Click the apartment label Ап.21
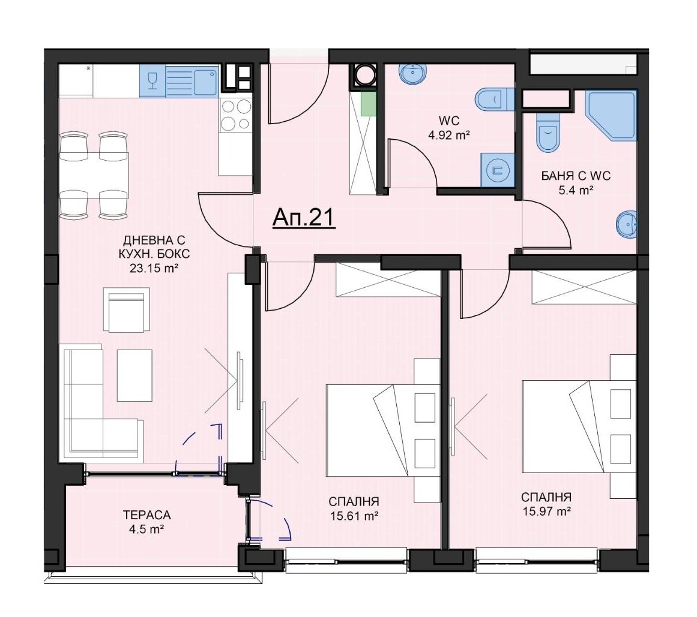[304, 218]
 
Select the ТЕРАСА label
[146, 515]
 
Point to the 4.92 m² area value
[449, 135]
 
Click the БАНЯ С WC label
[576, 176]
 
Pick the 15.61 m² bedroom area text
[354, 516]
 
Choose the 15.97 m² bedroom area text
[547, 511]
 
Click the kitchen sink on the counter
[193, 81]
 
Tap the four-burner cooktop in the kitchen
[235, 115]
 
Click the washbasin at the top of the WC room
[414, 73]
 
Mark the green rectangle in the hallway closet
[368, 104]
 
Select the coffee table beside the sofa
[134, 375]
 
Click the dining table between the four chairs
[95, 176]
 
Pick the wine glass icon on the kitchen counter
[152, 81]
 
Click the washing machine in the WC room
[497, 170]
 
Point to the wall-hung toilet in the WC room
[493, 99]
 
